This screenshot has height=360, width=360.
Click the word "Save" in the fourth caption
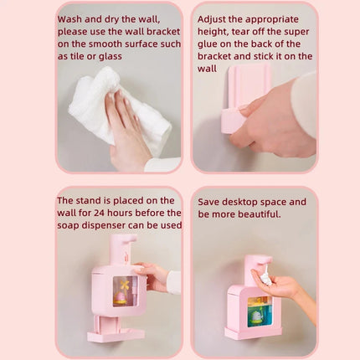(212, 202)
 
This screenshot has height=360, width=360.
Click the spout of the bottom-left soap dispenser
(128, 240)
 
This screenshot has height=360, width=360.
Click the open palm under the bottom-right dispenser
(277, 290)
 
